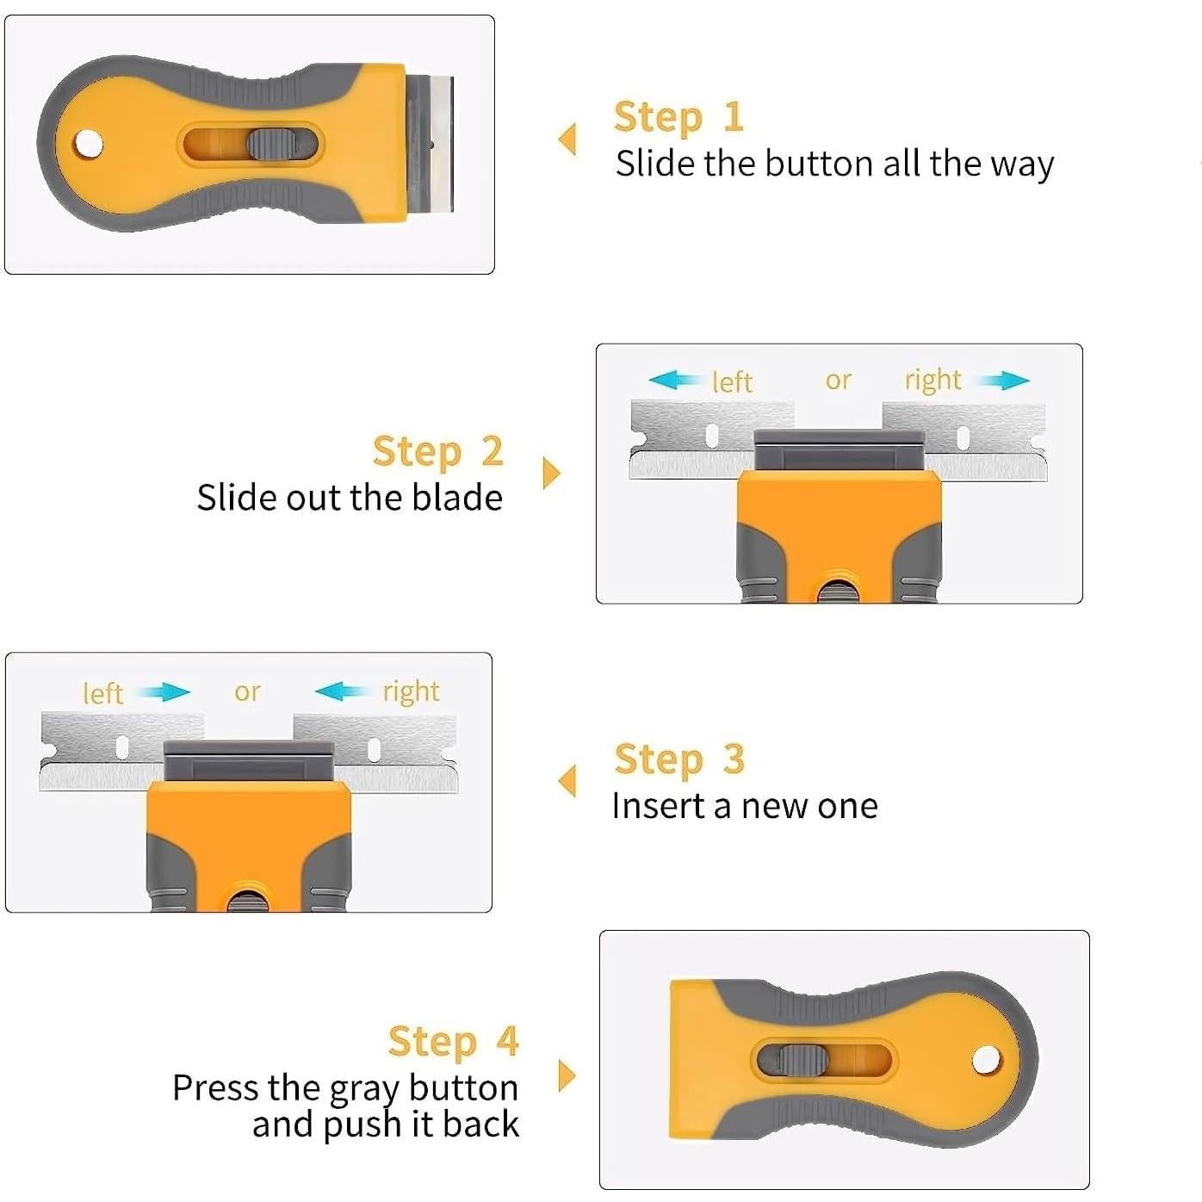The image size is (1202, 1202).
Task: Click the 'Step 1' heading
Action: tap(678, 117)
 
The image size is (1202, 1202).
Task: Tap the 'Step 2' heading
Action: tap(438, 451)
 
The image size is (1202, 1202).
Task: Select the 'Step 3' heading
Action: tap(679, 759)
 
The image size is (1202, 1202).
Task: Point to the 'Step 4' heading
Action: tap(453, 1041)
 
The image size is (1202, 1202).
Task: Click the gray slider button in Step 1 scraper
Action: tap(270, 145)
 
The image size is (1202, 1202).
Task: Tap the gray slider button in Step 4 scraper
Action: tap(802, 1060)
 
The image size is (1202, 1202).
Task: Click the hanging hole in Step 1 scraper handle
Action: tap(88, 144)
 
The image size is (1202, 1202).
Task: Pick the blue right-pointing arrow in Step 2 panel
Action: tap(1003, 380)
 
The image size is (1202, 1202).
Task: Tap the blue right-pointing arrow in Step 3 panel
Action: tap(164, 691)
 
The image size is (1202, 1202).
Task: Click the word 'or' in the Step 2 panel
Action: tap(838, 381)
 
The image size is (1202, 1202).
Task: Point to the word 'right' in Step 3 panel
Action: tap(411, 692)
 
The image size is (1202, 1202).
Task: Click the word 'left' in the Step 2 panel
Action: tap(732, 381)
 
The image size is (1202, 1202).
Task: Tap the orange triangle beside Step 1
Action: tap(567, 139)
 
